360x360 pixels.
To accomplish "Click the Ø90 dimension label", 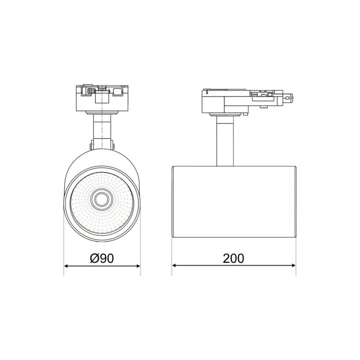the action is pos(102,258).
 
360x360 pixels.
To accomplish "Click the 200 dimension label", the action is pos(234,258).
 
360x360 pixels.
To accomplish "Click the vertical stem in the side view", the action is pos(225,140).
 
